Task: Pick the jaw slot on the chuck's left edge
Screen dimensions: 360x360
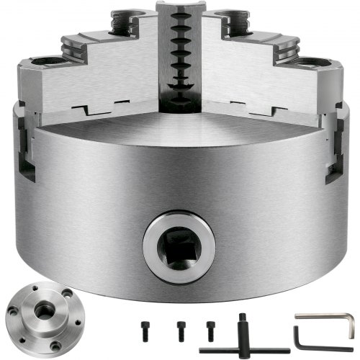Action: pyautogui.click(x=24, y=151)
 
